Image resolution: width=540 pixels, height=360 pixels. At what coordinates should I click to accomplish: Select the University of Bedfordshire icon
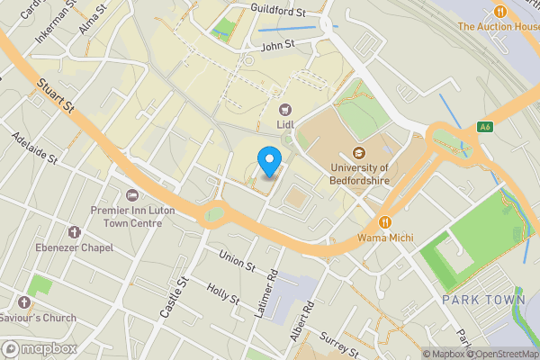(x=359, y=152)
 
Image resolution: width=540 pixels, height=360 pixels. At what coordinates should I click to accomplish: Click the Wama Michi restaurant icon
(x=385, y=222)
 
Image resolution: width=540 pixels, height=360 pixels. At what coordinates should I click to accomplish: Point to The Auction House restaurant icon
(x=499, y=11)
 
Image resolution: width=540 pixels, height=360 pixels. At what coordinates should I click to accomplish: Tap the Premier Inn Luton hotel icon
(x=133, y=195)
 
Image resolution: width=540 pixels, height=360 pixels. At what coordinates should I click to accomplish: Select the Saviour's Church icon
(x=23, y=301)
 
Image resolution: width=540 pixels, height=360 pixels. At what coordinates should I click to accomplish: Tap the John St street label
(x=277, y=44)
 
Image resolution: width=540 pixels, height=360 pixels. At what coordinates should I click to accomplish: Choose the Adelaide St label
(x=34, y=148)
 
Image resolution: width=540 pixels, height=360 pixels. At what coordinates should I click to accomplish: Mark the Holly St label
(x=222, y=293)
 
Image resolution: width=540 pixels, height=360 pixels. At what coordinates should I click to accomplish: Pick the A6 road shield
(x=485, y=127)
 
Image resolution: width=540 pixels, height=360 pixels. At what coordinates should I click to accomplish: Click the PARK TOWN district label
(x=483, y=300)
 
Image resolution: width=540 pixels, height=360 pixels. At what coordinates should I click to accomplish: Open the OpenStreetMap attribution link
(x=500, y=354)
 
